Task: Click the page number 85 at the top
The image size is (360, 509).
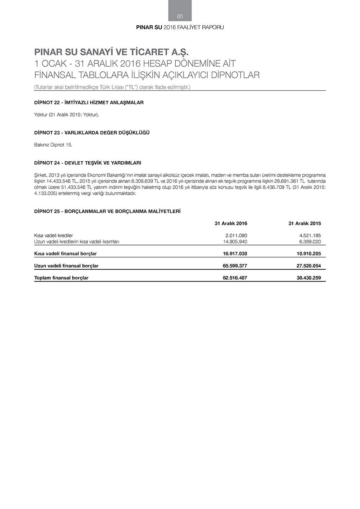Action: click(180, 16)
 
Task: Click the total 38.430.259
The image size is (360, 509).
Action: click(309, 278)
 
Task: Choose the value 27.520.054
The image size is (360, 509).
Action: click(309, 266)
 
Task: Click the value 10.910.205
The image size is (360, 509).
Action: click(309, 254)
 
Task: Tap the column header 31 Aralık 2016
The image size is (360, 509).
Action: click(231, 224)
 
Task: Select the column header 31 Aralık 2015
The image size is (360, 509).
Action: click(305, 224)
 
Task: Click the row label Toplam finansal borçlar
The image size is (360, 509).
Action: click(61, 278)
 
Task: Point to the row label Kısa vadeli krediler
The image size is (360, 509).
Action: click(53, 236)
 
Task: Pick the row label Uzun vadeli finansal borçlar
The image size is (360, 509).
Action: click(66, 266)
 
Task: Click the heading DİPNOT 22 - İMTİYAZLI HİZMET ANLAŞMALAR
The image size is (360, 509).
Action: click(89, 103)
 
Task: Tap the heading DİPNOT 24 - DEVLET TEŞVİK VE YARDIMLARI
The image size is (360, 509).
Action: click(87, 163)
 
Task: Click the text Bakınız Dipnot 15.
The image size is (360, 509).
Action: click(53, 145)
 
